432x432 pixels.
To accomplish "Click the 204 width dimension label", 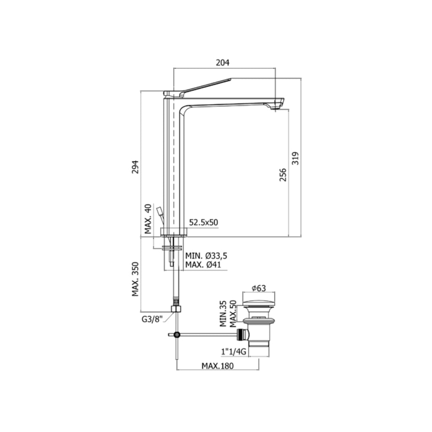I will pyautogui.click(x=222, y=63).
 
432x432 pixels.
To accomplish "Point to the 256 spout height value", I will pyautogui.click(x=283, y=175).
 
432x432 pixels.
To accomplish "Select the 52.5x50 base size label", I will pyautogui.click(x=203, y=222).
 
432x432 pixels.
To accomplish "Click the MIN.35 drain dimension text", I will pyautogui.click(x=224, y=314).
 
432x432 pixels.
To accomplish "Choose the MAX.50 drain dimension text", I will pyautogui.click(x=232, y=314).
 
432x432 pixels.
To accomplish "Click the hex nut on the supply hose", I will pyautogui.click(x=176, y=308).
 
